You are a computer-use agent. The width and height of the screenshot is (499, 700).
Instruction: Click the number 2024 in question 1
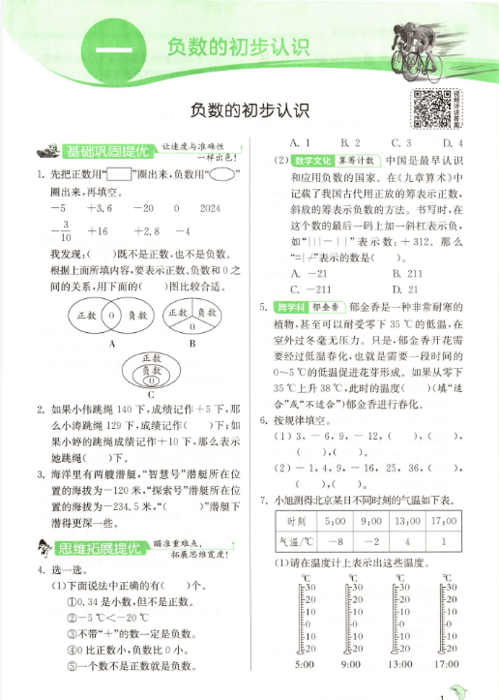click(210, 208)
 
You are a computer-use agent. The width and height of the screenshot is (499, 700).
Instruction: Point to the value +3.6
click(100, 208)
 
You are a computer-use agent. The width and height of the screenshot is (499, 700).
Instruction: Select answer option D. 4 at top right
click(455, 143)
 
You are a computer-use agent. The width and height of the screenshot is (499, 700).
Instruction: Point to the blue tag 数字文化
click(313, 160)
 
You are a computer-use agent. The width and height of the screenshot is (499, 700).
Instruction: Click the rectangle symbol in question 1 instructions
click(121, 174)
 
